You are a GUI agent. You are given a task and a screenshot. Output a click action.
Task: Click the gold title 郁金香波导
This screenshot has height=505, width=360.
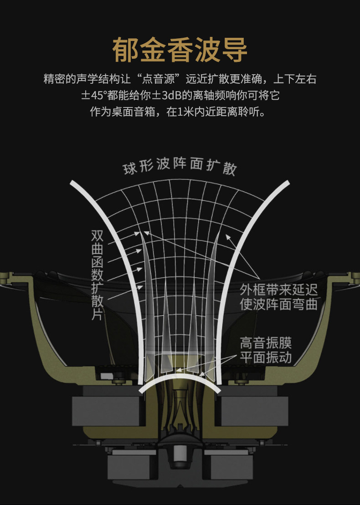(x=180, y=50)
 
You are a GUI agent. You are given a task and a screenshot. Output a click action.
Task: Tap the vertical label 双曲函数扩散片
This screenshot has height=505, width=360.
(x=97, y=275)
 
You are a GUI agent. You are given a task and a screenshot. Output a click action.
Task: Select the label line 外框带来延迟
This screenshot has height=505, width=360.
(x=278, y=290)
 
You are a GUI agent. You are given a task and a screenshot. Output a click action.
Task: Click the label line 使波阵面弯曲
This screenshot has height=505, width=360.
(x=278, y=304)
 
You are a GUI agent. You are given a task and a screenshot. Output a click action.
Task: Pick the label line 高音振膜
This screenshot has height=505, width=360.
(x=266, y=343)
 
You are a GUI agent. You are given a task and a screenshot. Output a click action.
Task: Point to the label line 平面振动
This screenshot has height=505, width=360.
(x=266, y=357)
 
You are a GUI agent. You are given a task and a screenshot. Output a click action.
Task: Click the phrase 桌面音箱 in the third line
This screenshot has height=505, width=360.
(x=133, y=112)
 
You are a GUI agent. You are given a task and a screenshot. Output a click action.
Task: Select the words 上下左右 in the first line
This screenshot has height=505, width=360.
(x=295, y=79)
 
